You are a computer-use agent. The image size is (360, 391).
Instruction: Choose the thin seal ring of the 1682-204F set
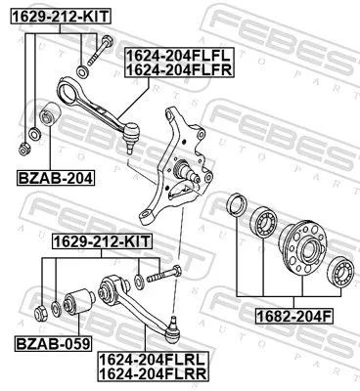(236, 206)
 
